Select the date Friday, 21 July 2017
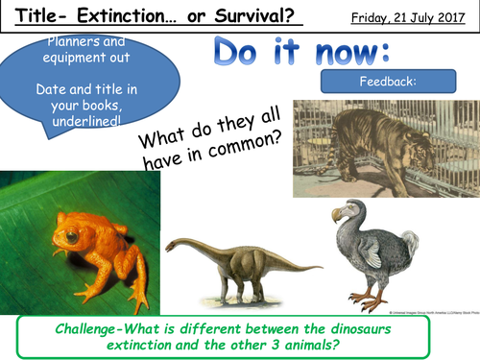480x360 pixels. point(415,18)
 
